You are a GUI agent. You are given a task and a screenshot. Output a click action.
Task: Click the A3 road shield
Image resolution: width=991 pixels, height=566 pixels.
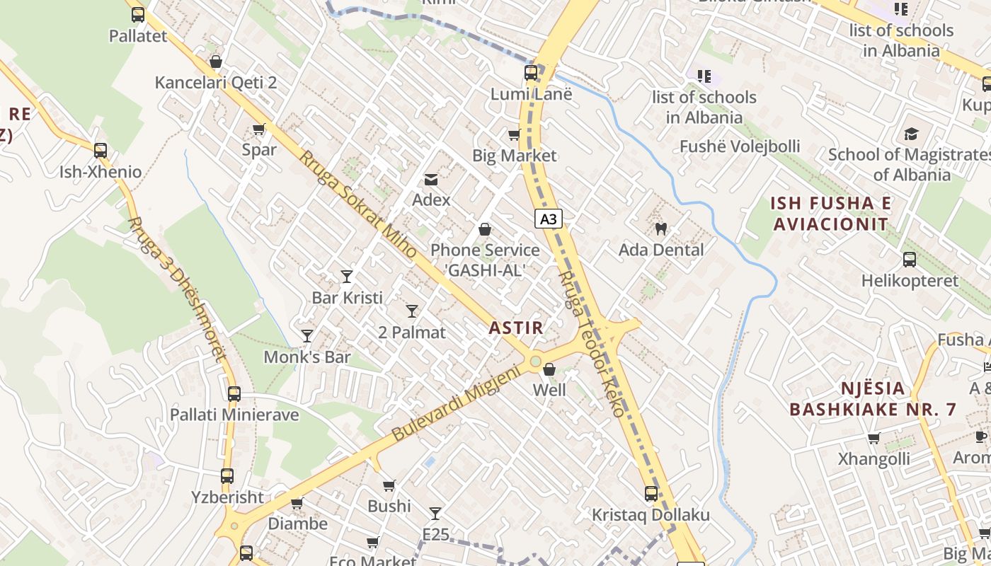(548, 219)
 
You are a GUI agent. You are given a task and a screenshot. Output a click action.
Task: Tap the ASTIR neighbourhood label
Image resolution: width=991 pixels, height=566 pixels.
(516, 328)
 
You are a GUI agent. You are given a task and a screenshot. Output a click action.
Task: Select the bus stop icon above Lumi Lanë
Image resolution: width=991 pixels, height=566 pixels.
(531, 73)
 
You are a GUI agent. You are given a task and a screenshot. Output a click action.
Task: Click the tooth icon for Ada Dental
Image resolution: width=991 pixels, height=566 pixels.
(661, 229)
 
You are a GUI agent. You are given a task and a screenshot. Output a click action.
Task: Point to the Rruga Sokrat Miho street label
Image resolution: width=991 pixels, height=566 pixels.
(357, 204)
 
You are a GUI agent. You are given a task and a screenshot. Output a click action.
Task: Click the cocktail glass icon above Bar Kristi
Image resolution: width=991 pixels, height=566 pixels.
(347, 276)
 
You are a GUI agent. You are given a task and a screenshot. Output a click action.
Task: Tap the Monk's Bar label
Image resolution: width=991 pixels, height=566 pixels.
(307, 357)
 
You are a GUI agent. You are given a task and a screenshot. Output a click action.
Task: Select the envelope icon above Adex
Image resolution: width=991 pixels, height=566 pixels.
(431, 180)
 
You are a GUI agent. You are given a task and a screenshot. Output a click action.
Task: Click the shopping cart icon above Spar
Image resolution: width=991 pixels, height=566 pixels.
(259, 129)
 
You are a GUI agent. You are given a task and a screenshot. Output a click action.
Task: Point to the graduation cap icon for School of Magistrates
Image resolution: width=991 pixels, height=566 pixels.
(910, 134)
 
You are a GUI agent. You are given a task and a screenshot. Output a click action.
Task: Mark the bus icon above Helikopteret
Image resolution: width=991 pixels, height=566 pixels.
(910, 260)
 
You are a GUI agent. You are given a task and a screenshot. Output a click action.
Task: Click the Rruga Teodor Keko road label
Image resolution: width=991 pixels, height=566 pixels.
(592, 344)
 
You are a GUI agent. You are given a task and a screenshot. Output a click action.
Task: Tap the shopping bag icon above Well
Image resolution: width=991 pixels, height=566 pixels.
(549, 369)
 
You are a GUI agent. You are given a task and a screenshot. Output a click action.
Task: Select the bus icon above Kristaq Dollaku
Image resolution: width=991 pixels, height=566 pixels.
(651, 494)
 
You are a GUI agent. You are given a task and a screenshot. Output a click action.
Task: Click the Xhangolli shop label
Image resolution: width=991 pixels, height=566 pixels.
(874, 459)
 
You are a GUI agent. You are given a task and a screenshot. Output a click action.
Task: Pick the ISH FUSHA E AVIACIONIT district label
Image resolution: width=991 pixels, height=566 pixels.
(831, 214)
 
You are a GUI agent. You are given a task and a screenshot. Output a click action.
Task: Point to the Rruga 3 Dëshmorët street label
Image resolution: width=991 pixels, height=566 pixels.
(177, 289)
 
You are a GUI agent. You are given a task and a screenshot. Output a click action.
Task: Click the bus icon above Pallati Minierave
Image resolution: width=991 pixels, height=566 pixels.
(234, 394)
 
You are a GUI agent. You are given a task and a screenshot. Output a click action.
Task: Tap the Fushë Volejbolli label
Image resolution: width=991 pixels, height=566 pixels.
(740, 146)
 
